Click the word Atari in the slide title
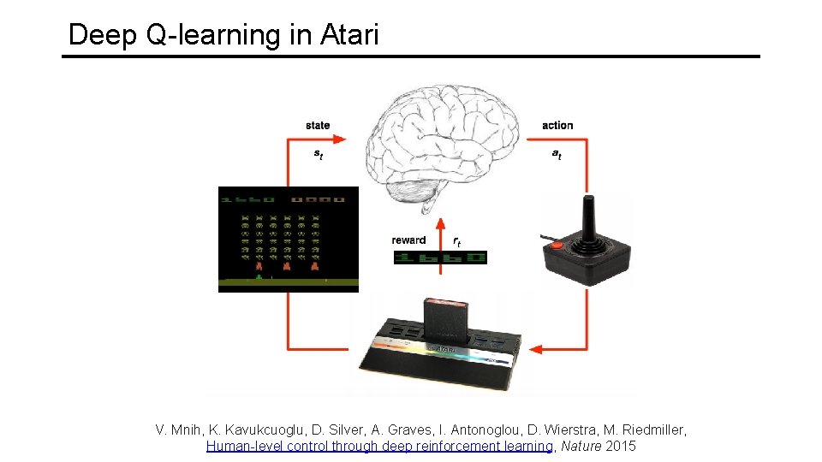pyautogui.click(x=348, y=35)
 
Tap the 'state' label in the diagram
pyautogui.click(x=318, y=126)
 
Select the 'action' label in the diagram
pyautogui.click(x=557, y=126)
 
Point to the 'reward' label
pyautogui.click(x=409, y=240)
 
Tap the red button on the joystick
pyautogui.click(x=557, y=245)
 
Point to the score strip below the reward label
pyautogui.click(x=439, y=258)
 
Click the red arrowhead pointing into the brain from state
pyautogui.click(x=340, y=139)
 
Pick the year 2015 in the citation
pyautogui.click(x=621, y=446)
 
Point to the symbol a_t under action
pyautogui.click(x=557, y=155)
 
